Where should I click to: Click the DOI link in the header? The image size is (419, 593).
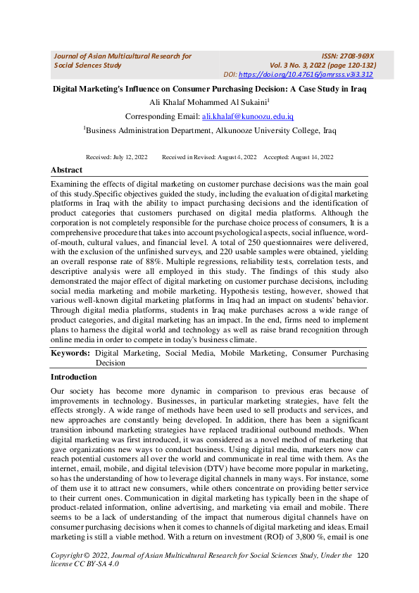tap(306, 75)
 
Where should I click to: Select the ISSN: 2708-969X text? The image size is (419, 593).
tap(347, 56)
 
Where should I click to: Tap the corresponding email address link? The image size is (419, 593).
tap(248, 116)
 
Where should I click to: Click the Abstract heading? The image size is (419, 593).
tap(66, 170)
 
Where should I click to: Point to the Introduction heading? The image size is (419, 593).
tap(73, 377)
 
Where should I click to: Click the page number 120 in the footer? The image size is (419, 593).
tap(363, 556)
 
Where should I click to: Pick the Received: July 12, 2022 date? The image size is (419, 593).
tap(116, 157)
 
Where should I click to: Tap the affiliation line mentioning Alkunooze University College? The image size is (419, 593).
tap(210, 130)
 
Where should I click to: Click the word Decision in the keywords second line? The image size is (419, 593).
tap(110, 363)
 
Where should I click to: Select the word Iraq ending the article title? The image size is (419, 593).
tap(358, 89)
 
